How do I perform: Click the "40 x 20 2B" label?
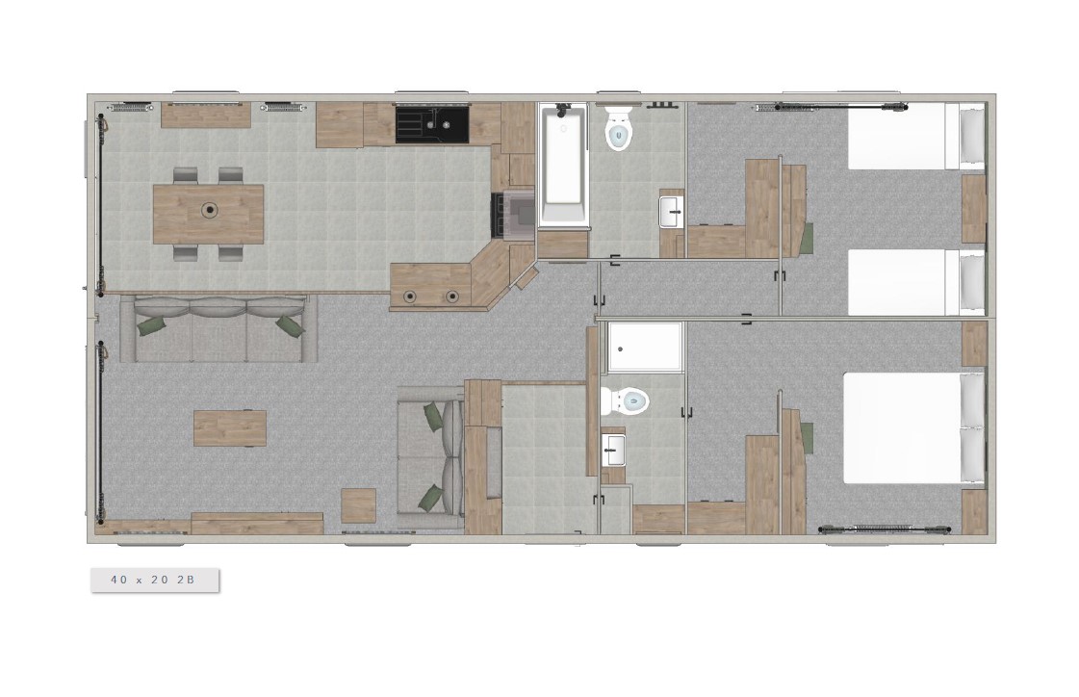[x=153, y=580]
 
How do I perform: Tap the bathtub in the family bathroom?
[x=563, y=165]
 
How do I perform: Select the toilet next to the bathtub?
[x=618, y=128]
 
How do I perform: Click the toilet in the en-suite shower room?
[x=625, y=400]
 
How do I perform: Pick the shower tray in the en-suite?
[x=643, y=348]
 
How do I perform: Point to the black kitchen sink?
[x=432, y=124]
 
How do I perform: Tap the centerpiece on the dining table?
[x=209, y=210]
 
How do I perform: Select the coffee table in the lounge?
[x=230, y=428]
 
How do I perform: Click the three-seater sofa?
[x=218, y=329]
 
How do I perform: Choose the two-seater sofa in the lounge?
[x=431, y=457]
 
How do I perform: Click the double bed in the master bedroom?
[x=913, y=428]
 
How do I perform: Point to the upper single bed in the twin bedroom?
[x=916, y=137]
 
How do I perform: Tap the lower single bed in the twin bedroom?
[x=916, y=282]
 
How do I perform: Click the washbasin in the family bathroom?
[x=671, y=212]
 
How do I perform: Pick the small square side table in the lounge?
[x=358, y=505]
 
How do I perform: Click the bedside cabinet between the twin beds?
[x=974, y=209]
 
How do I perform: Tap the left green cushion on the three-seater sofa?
[x=152, y=325]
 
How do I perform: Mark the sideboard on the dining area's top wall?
[x=205, y=116]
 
